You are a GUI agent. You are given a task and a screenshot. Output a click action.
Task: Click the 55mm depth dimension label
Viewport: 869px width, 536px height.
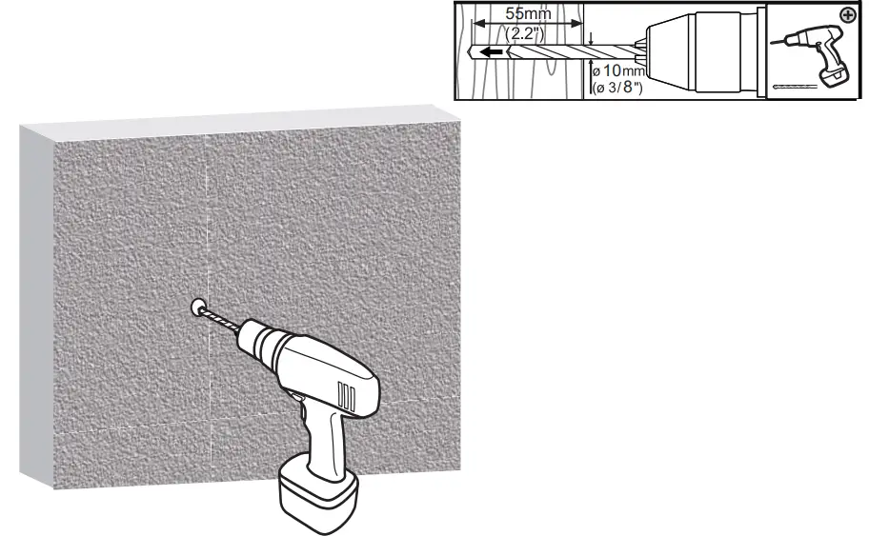pos(527,14)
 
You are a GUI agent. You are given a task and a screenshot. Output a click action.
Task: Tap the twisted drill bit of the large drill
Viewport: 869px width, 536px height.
pos(224,321)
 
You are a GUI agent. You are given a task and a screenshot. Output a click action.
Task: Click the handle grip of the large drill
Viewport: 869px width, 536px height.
pos(329,438)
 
